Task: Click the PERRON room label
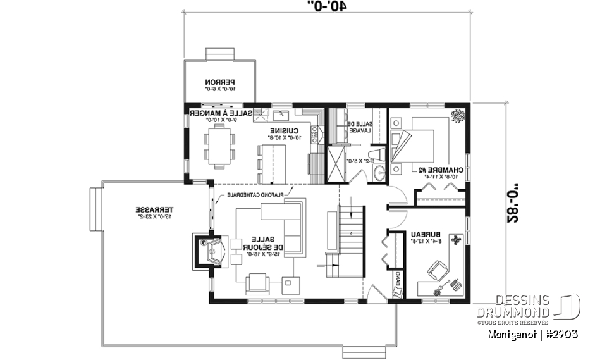click(219, 82)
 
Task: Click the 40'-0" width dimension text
click(328, 6)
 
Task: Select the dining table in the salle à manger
click(219, 145)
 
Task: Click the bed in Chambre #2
click(414, 144)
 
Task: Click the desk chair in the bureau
click(436, 271)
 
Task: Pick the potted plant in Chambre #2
click(457, 115)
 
